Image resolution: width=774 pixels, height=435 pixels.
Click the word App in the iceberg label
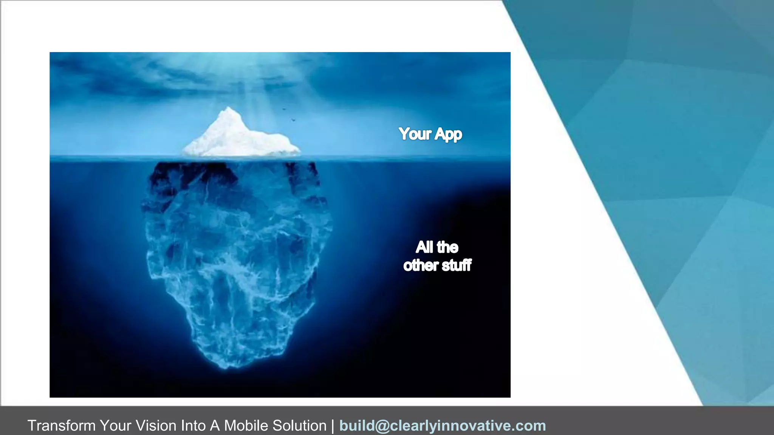tap(448, 134)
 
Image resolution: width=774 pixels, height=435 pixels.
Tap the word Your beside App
tap(415, 134)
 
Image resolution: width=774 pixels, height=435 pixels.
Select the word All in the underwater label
tap(424, 247)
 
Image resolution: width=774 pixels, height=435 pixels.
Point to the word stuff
tap(457, 265)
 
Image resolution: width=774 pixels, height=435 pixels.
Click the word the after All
tap(447, 247)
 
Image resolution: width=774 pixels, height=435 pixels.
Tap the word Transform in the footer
tap(62, 426)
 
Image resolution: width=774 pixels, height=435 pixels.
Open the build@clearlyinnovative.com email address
tap(443, 426)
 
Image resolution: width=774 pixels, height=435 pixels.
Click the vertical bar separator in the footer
tap(333, 426)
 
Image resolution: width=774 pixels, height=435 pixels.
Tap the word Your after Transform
tap(116, 426)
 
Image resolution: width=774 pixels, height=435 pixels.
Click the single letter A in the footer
tap(215, 426)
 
